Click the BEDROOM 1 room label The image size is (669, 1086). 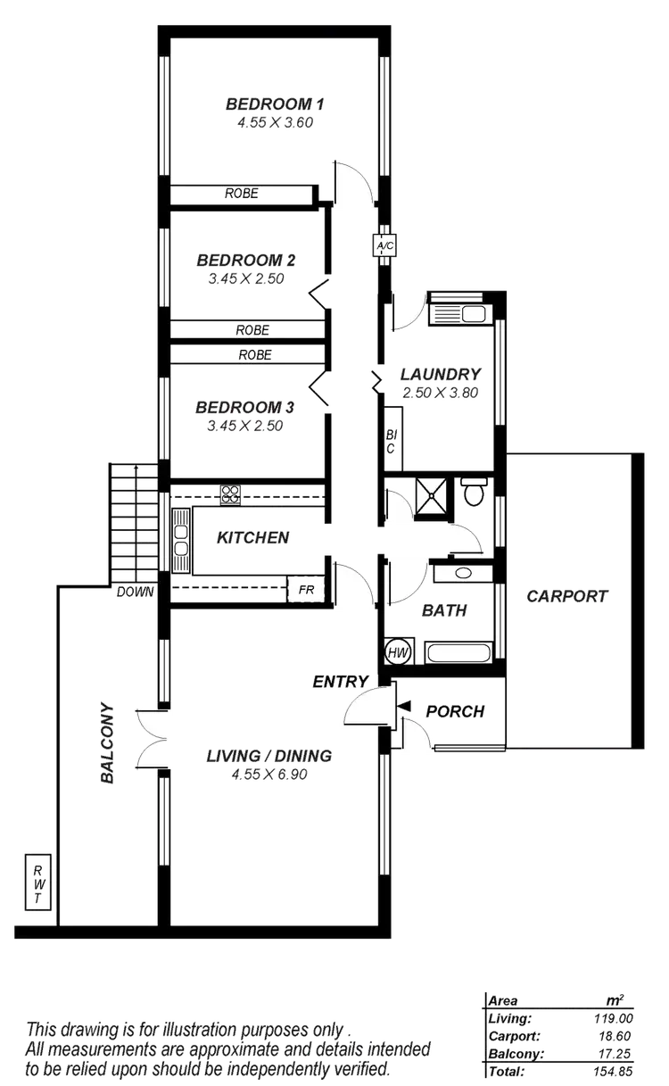[x=275, y=105]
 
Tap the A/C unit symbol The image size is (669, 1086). [x=384, y=245]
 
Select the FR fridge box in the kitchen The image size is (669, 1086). [x=304, y=590]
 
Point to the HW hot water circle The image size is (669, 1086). [x=398, y=651]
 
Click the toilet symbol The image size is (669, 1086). [x=473, y=492]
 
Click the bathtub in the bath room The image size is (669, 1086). [x=458, y=651]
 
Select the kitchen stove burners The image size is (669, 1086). [x=231, y=493]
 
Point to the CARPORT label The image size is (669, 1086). [x=566, y=596]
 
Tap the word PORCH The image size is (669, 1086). [x=455, y=711]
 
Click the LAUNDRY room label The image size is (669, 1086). [x=441, y=374]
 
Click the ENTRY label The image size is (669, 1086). [x=340, y=681]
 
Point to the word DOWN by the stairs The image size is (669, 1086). [x=135, y=592]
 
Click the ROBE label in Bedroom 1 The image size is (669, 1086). [x=241, y=193]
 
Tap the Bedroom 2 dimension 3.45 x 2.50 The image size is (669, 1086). [x=245, y=278]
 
